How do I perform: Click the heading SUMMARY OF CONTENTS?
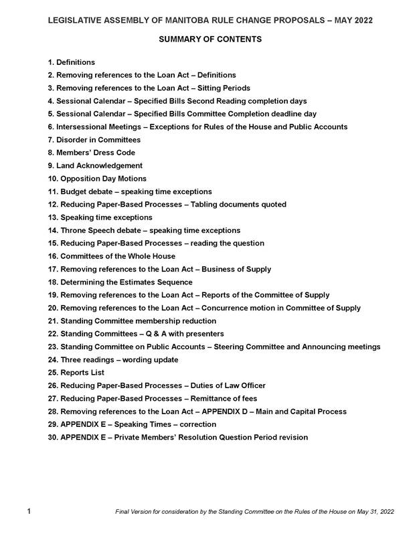[210, 40]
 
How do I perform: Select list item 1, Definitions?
[76, 62]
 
